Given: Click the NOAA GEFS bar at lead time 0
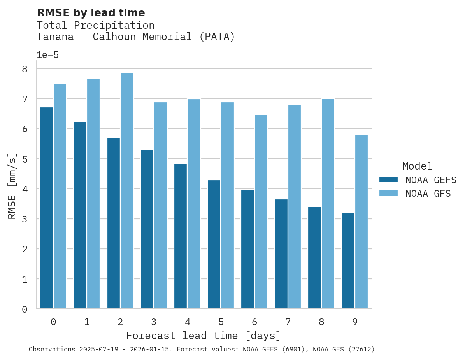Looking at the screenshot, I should [46, 208].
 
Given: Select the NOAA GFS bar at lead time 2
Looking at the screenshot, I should [127, 191].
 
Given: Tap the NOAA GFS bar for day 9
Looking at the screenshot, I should [361, 222].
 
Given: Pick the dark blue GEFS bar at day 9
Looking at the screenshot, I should [348, 261].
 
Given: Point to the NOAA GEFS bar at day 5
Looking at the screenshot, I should [214, 245].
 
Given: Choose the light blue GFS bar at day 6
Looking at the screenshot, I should [261, 212].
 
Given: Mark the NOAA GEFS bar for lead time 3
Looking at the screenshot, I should [147, 229].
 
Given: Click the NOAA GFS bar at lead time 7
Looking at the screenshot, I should [294, 206].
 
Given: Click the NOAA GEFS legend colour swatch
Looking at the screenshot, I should [388, 179].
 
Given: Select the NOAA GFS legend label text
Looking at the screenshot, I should [428, 194].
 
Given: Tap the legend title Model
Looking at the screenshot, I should [417, 166].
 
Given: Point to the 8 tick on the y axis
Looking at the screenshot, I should [25, 69].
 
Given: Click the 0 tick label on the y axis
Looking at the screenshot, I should [25, 309].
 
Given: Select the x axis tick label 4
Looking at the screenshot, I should [187, 322].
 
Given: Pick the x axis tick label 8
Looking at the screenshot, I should [321, 322].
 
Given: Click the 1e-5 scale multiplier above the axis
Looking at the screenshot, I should [47, 55].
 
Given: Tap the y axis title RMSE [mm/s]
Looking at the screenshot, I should [12, 186].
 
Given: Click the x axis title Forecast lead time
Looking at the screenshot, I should [203, 336].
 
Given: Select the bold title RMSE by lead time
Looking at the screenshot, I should [91, 13].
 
